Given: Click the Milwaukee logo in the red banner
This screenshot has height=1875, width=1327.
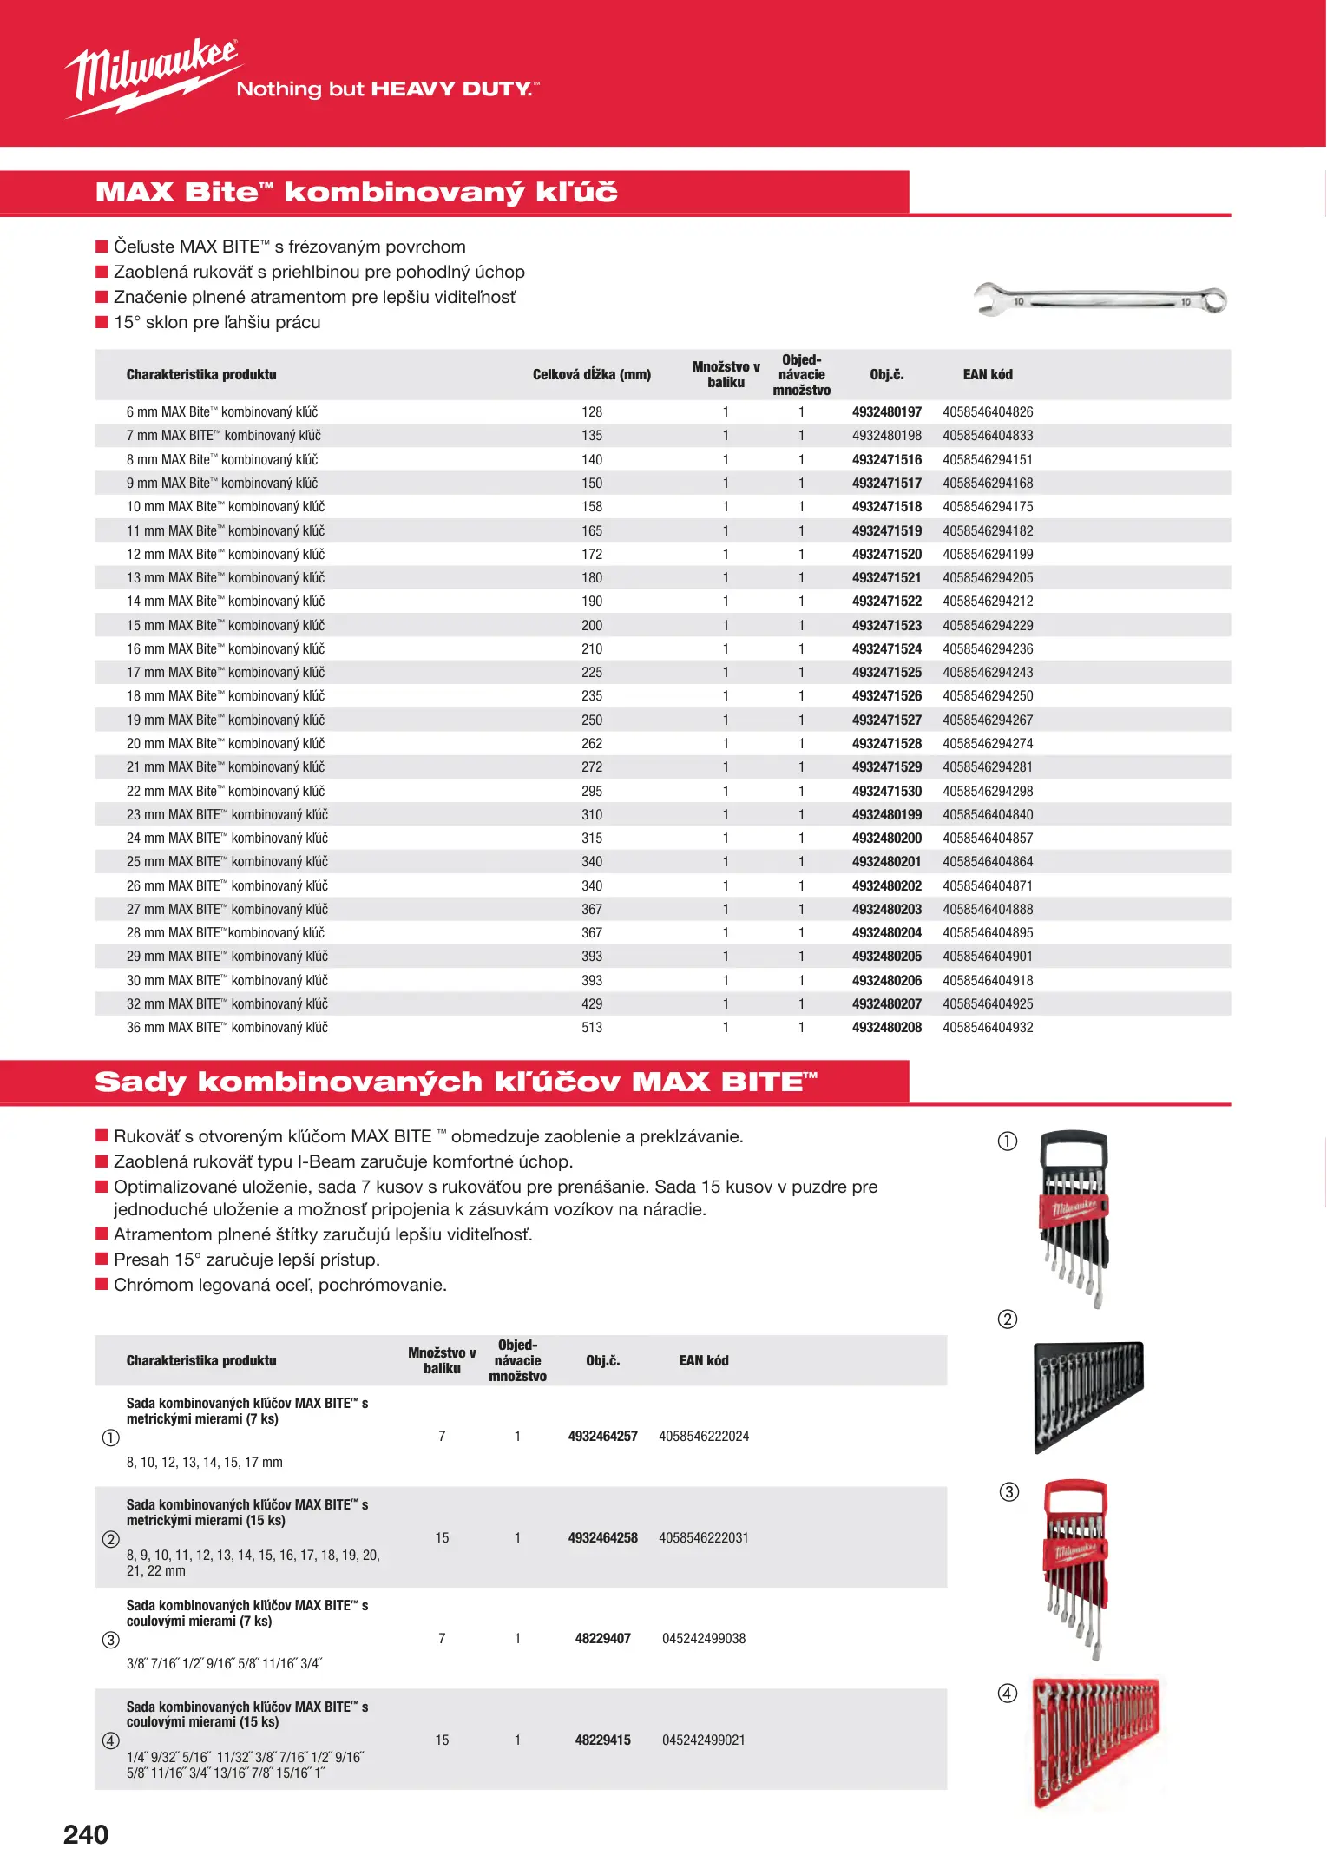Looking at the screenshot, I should pos(152,76).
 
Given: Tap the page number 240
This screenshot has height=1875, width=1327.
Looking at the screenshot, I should pos(86,1834).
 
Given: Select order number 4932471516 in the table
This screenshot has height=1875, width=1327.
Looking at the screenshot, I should pos(886,459).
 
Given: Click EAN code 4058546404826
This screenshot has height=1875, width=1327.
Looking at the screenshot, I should pos(988,412).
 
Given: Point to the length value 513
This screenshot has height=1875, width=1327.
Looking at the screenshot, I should pos(592,1028).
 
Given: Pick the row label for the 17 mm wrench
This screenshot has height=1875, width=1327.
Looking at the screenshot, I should pos(226,673).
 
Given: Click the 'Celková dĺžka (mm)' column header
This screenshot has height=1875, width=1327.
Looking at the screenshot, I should pos(592,375).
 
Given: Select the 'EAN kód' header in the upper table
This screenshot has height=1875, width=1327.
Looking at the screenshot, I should pos(988,375).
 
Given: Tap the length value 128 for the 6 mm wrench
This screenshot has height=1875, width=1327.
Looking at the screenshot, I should pos(592,412).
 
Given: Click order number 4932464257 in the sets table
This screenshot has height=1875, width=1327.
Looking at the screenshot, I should pos(602,1437).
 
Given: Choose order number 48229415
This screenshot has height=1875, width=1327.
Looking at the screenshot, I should pos(602,1740).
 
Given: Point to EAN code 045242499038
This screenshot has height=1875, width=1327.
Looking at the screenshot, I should pos(704,1639).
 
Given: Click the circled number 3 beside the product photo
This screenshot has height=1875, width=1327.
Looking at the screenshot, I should pos(1009,1492).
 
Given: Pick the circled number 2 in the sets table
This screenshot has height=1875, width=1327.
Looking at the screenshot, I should pos(111,1539).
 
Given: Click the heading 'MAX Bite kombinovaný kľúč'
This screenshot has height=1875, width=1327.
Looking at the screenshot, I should pos(357,192).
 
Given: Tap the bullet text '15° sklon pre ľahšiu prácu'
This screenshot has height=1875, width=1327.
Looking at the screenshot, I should pos(217,323).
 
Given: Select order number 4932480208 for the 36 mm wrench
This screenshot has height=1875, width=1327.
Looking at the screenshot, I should pos(886,1028).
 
